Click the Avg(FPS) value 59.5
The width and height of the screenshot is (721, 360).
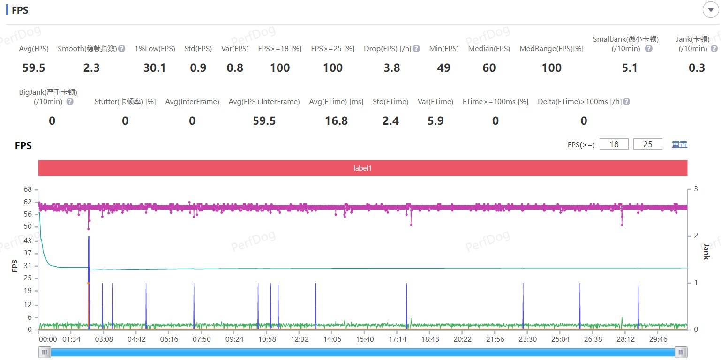click(34, 68)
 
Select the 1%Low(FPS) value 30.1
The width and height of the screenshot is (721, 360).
click(155, 68)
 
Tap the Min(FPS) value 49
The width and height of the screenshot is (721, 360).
click(443, 68)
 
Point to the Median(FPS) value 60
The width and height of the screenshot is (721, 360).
click(489, 68)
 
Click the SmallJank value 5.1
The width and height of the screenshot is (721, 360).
click(630, 68)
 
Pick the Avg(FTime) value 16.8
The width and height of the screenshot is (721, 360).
click(336, 121)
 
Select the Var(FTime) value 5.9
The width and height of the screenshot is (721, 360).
click(436, 121)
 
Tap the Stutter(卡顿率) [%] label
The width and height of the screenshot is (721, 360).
click(125, 102)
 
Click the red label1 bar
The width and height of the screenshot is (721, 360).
click(362, 168)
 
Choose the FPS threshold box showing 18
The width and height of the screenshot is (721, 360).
click(614, 144)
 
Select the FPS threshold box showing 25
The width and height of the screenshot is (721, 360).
click(648, 144)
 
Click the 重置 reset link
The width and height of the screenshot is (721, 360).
click(679, 144)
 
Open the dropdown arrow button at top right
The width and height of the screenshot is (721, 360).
click(711, 10)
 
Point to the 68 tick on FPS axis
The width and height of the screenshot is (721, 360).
click(28, 189)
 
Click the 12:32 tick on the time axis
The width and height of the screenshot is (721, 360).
click(300, 339)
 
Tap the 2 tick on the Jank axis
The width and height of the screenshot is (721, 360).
click(696, 236)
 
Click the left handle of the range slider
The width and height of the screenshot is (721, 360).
click(45, 352)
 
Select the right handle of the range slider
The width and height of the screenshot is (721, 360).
click(681, 352)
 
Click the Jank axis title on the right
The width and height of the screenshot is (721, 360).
click(706, 251)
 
